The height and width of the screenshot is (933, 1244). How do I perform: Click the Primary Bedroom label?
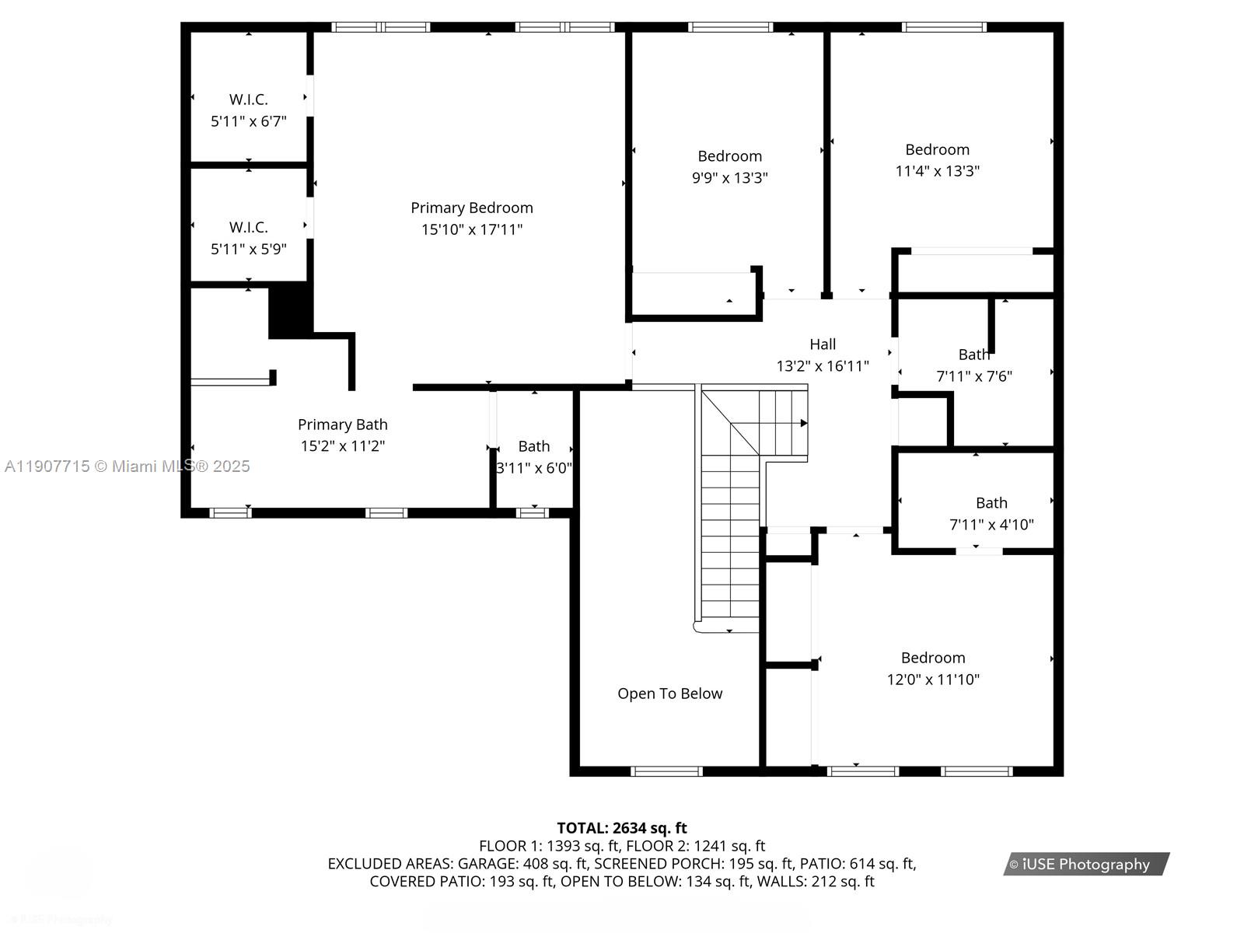(471, 208)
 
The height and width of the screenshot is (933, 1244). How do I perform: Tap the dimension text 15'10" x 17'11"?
(471, 229)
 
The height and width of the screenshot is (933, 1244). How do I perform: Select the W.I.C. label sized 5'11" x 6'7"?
(248, 100)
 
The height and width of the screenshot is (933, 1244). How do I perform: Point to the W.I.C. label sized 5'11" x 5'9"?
(248, 227)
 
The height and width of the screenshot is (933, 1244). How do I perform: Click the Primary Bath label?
(342, 425)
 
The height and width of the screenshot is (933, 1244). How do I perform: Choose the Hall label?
(823, 344)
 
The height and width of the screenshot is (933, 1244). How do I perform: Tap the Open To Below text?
(669, 694)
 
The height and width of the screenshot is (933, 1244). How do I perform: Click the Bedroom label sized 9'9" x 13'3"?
(729, 156)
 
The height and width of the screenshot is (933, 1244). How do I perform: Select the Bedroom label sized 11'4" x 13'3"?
(937, 150)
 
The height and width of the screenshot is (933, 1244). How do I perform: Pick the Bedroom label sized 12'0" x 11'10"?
(933, 658)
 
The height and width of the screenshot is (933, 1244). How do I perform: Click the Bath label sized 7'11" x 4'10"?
(991, 503)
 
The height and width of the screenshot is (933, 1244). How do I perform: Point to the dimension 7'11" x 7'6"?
(973, 376)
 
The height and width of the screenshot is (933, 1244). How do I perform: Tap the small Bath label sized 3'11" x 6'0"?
(533, 446)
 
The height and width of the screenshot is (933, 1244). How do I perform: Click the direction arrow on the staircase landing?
(803, 423)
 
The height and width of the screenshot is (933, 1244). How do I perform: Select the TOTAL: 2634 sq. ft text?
(621, 828)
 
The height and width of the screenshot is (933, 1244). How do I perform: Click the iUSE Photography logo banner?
(1085, 864)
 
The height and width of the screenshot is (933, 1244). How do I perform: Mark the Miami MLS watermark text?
(127, 466)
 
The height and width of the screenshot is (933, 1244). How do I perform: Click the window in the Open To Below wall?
(666, 771)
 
